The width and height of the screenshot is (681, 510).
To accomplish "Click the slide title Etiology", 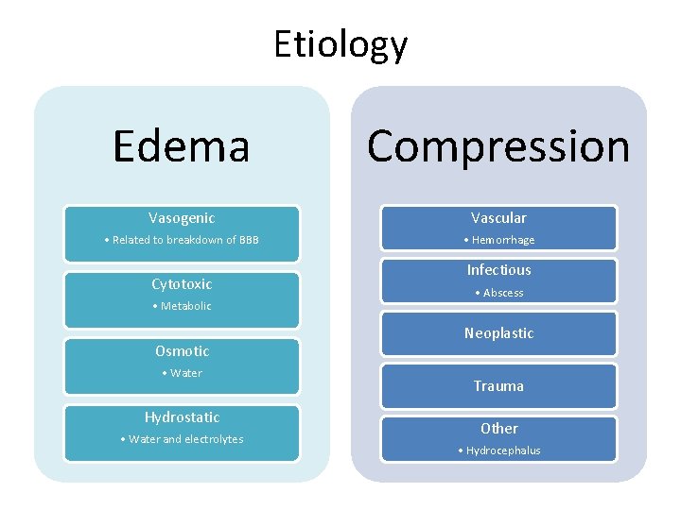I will [x=340, y=44].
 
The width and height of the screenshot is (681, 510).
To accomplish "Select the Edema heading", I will [x=181, y=145].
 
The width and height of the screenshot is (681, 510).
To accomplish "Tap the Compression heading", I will [x=498, y=145].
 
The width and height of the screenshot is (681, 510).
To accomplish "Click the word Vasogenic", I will [x=182, y=218].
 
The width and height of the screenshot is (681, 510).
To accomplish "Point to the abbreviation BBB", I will [x=249, y=240].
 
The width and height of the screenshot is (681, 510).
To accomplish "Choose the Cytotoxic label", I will [x=182, y=284].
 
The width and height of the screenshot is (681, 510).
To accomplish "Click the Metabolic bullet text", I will [x=186, y=306].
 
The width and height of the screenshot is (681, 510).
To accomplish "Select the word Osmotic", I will [x=182, y=351].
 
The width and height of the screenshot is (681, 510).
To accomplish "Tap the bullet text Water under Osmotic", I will [x=186, y=373].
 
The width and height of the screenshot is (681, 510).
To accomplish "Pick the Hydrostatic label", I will [x=182, y=417].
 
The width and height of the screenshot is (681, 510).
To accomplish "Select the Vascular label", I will [x=498, y=218].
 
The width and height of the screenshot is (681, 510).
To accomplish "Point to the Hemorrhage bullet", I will [x=503, y=240].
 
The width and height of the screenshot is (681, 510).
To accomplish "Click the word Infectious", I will [x=498, y=270].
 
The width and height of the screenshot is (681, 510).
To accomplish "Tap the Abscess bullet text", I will [x=503, y=293].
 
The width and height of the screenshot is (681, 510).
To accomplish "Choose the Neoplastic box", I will [x=498, y=333].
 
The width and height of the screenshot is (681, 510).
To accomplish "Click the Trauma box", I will [x=498, y=386].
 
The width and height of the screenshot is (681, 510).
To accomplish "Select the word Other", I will [x=498, y=429].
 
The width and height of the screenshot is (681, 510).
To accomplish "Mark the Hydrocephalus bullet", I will [x=503, y=450].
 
